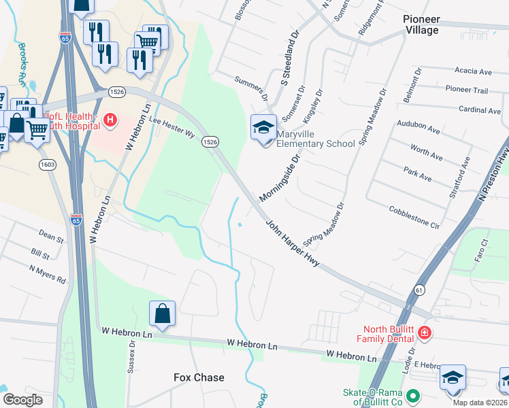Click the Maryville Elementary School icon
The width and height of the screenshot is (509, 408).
(263, 128)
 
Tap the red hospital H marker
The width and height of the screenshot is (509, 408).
(110, 121)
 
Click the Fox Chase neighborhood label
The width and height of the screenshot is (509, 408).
(199, 377)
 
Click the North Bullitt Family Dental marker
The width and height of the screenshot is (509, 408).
(424, 333)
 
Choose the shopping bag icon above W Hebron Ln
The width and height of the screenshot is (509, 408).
(163, 315)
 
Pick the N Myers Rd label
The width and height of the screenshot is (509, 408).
(47, 275)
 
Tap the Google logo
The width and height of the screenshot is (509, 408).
(22, 399)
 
